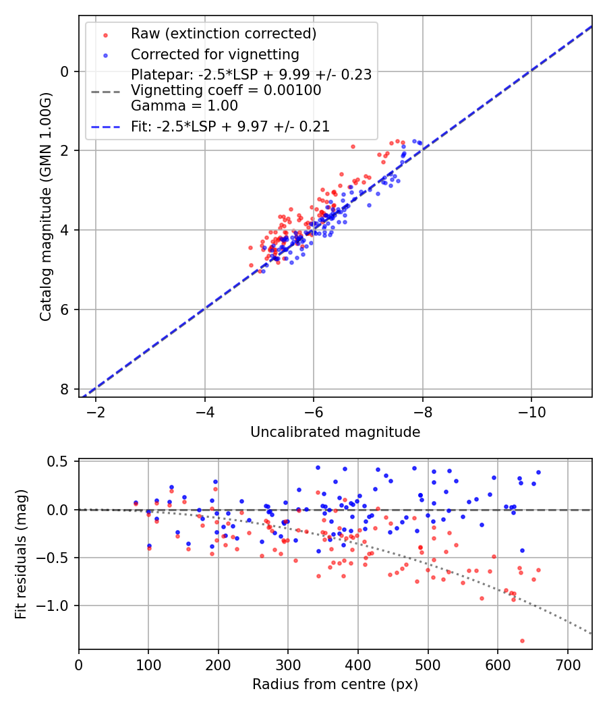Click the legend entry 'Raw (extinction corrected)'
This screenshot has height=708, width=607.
click(223, 34)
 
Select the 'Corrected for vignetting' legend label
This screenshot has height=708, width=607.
click(214, 54)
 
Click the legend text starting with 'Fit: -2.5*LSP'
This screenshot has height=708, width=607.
click(230, 126)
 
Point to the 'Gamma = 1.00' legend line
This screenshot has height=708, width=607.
click(184, 105)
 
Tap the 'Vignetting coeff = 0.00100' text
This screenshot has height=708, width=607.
click(226, 90)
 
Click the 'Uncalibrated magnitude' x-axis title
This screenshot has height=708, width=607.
click(335, 432)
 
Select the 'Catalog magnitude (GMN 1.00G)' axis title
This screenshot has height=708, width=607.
click(46, 206)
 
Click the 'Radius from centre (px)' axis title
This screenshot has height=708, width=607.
click(335, 684)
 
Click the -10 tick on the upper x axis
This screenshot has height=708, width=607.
click(531, 411)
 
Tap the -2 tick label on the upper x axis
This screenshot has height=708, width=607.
click(96, 411)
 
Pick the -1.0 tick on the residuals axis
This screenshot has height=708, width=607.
click(56, 606)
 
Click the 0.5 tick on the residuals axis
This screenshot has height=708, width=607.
click(59, 462)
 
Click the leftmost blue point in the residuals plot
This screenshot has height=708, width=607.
click(136, 502)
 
